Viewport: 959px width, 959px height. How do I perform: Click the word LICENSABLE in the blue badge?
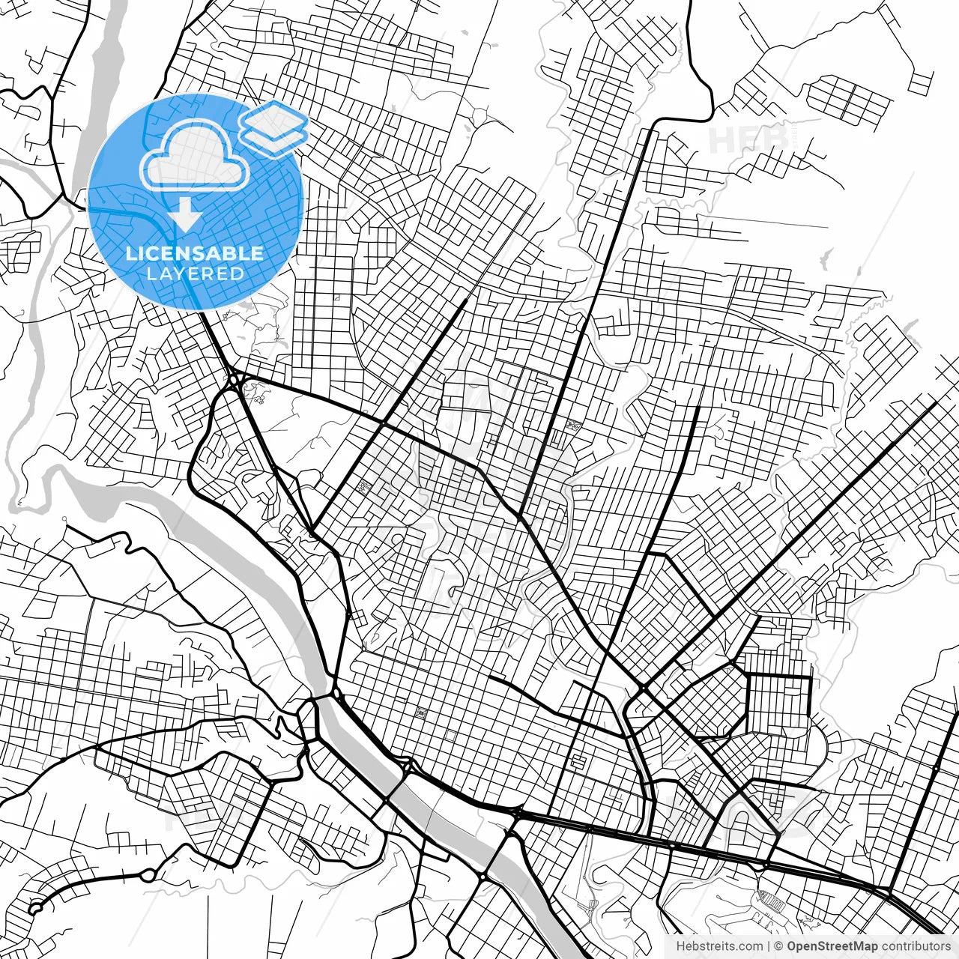195,253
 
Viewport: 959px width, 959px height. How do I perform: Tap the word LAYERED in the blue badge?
195,274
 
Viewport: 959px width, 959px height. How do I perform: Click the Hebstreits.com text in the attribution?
720,946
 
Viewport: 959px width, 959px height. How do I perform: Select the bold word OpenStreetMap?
831,946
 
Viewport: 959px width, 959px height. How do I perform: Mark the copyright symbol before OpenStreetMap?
779,946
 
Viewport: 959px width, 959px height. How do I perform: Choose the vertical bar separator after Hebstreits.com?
769,946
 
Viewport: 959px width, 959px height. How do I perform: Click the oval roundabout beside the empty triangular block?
235,380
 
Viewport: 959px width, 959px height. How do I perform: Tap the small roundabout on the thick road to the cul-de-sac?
148,874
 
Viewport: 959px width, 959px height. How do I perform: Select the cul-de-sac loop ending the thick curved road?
34,909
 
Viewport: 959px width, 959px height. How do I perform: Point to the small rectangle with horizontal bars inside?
577,762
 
